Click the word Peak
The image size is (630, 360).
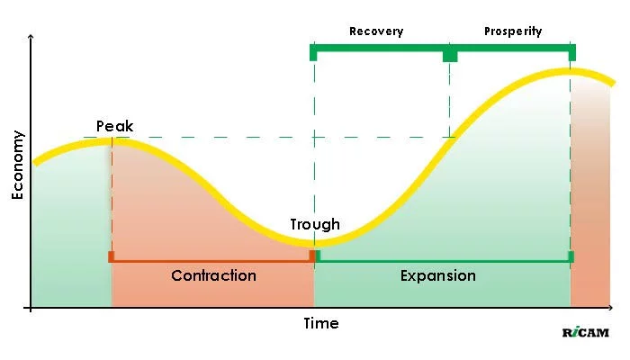(114, 126)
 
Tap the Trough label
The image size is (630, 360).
(315, 224)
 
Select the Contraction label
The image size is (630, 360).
(213, 275)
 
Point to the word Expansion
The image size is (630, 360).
(437, 275)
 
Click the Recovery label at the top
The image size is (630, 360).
(376, 31)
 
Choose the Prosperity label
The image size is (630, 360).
(513, 31)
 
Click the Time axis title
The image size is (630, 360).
(321, 323)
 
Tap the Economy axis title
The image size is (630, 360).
(18, 165)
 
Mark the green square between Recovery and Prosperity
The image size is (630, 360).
(450, 55)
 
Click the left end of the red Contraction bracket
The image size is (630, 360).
(111, 257)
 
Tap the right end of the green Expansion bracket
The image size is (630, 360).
(571, 257)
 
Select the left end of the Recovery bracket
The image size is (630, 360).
(313, 52)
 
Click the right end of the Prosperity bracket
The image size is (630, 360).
(571, 52)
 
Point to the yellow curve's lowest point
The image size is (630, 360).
(314, 242)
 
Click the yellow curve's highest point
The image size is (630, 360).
(570, 71)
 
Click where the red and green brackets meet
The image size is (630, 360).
(314, 257)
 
